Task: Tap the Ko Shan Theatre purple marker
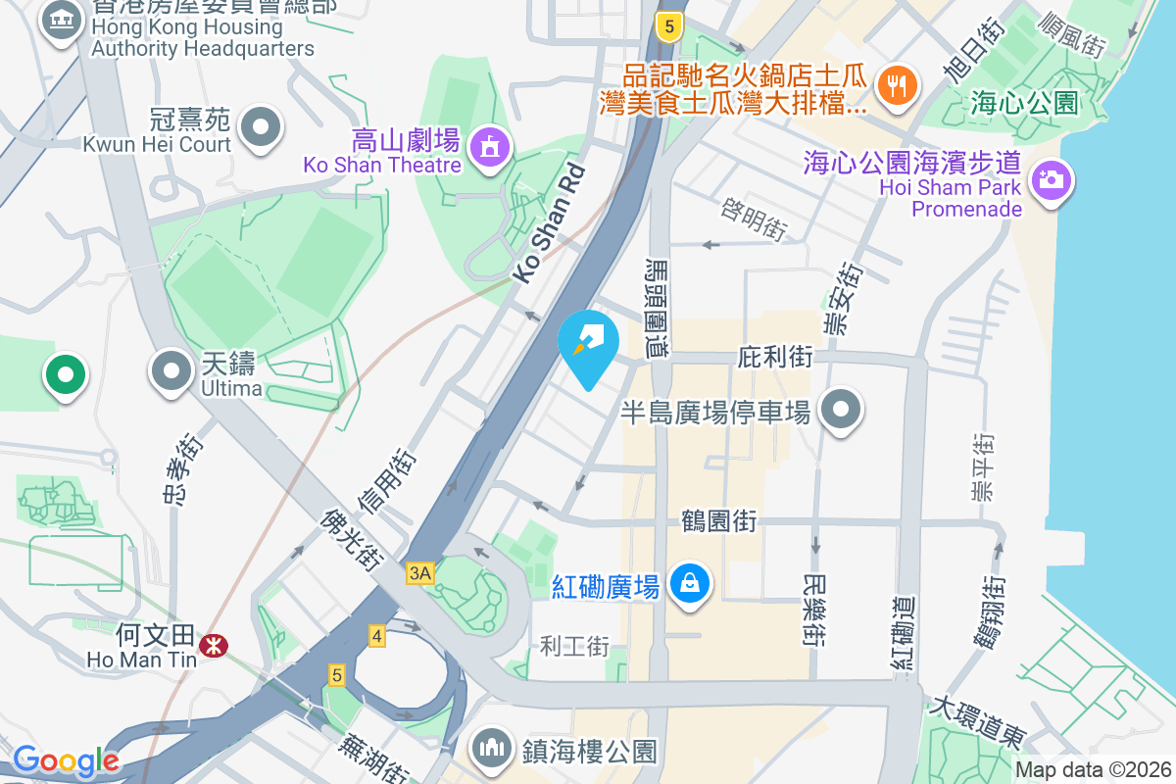click(488, 148)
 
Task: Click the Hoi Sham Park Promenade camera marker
click(1051, 180)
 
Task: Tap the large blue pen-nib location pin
click(588, 343)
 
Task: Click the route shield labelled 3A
click(420, 573)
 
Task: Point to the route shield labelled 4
click(377, 635)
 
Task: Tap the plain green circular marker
click(65, 374)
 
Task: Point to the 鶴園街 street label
click(718, 520)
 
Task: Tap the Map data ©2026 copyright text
click(1092, 770)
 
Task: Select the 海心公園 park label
click(1024, 102)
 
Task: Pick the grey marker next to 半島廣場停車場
click(841, 410)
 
